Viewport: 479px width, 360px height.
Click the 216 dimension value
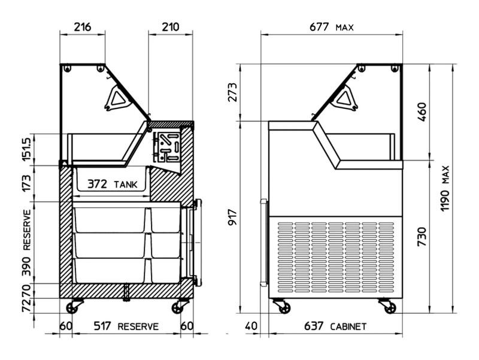[83, 27]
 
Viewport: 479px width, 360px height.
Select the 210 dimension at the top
[170, 27]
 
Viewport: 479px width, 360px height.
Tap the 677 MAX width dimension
[332, 27]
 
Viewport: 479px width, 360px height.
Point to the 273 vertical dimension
[233, 92]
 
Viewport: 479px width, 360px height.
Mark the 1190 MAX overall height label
[445, 188]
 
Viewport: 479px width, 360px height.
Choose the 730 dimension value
[422, 237]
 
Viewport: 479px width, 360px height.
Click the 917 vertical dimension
[233, 217]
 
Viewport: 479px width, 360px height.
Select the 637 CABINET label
[335, 326]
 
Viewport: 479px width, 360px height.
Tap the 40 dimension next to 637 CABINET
[251, 326]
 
